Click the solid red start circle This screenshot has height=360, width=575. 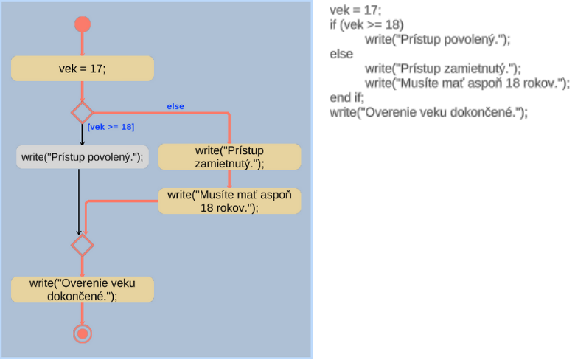[83, 24]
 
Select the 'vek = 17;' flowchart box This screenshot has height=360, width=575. [83, 69]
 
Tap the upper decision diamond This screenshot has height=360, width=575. [82, 113]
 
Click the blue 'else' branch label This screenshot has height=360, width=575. [175, 106]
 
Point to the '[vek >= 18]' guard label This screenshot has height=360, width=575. [111, 127]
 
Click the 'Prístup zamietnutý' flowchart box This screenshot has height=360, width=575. [229, 156]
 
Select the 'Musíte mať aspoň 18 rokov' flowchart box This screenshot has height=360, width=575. [229, 201]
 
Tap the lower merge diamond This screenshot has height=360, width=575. [82, 244]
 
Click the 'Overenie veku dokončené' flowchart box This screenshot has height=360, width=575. [83, 289]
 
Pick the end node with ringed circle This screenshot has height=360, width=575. [83, 334]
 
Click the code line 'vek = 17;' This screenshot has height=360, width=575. [355, 10]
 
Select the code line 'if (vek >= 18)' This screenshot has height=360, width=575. [366, 24]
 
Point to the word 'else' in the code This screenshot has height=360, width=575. [341, 54]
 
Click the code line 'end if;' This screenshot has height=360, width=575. [347, 97]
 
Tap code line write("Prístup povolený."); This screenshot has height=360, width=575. [437, 39]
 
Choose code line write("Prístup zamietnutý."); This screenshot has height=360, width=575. [442, 69]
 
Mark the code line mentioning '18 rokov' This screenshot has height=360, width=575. [467, 83]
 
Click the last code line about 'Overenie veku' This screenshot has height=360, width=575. [429, 112]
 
